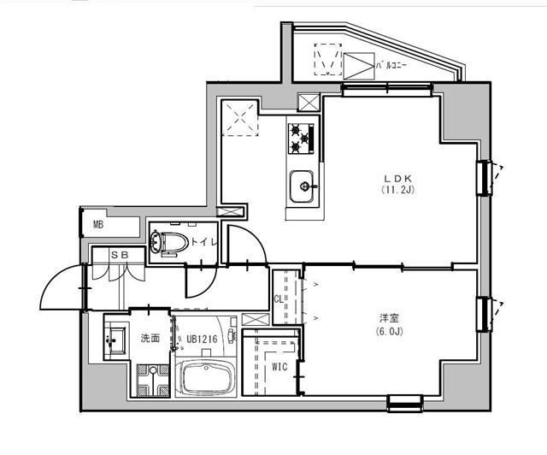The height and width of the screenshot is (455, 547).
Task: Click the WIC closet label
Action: pyautogui.click(x=279, y=368)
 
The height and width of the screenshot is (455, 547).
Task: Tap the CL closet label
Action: pyautogui.click(x=279, y=298)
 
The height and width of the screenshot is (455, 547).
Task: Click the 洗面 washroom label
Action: pyautogui.click(x=150, y=339)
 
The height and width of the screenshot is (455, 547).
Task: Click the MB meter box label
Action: pyautogui.click(x=98, y=226)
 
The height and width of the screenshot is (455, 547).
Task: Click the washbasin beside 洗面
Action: pyautogui.click(x=115, y=341)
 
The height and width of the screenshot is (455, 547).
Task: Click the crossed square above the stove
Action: pyautogui.click(x=308, y=102)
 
